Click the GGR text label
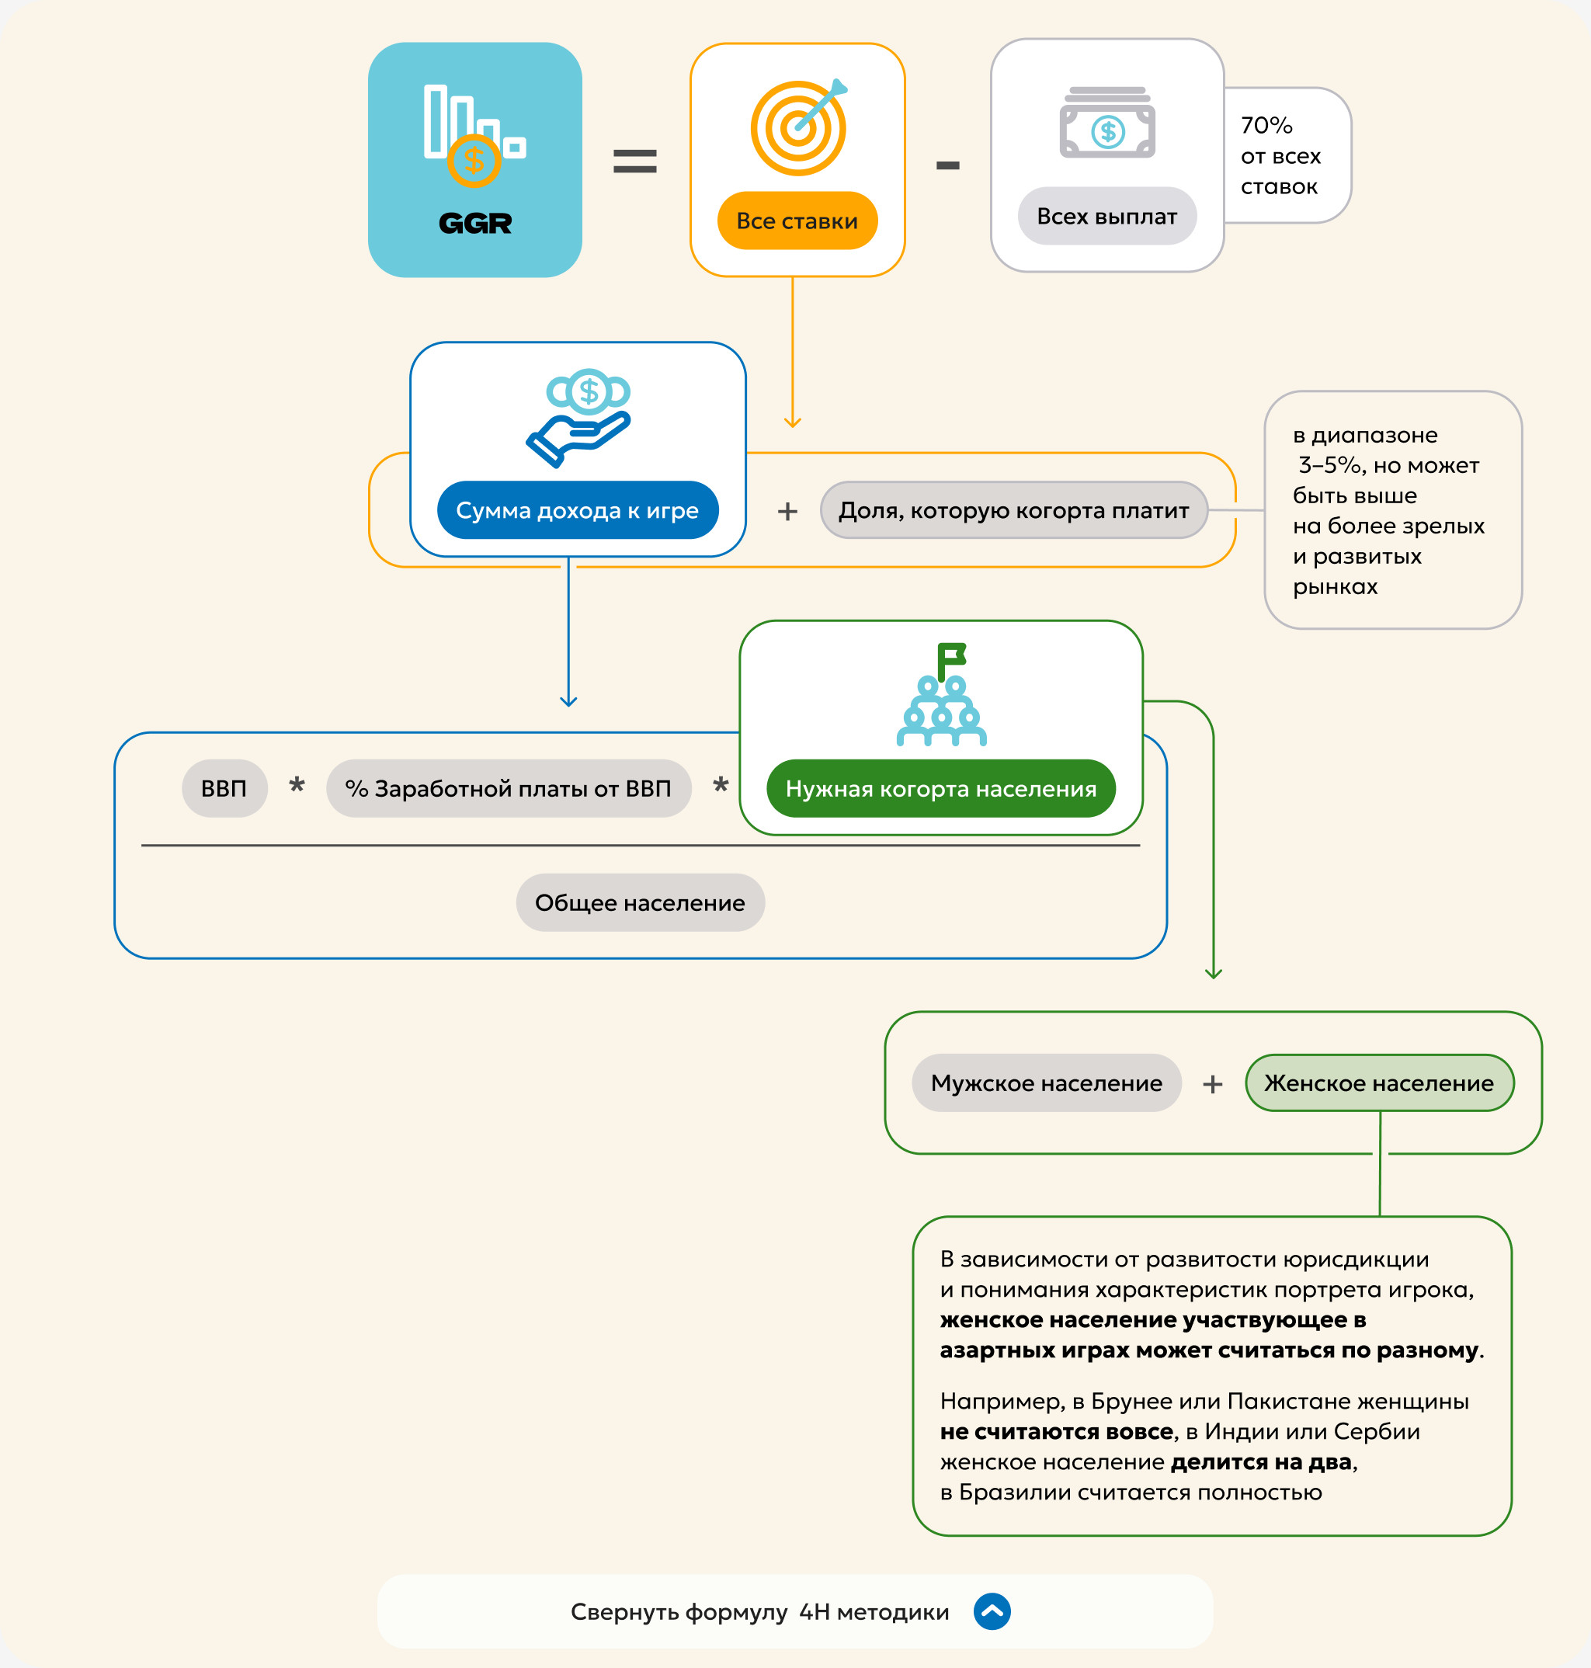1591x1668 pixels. [x=475, y=223]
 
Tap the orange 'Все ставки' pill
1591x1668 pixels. [x=797, y=221]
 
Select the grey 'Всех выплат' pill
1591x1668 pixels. [x=1106, y=216]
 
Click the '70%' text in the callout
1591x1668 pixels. [x=1266, y=126]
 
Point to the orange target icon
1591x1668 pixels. [x=799, y=127]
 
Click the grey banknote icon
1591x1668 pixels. [x=1106, y=122]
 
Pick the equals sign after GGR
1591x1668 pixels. [x=634, y=161]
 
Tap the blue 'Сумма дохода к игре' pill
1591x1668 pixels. [x=578, y=509]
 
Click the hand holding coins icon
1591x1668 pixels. [x=578, y=417]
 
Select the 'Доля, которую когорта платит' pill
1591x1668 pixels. [x=1013, y=509]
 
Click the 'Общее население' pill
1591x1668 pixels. [x=641, y=902]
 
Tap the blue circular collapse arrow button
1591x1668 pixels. [x=992, y=1611]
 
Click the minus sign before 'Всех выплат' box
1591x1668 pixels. [x=948, y=165]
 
